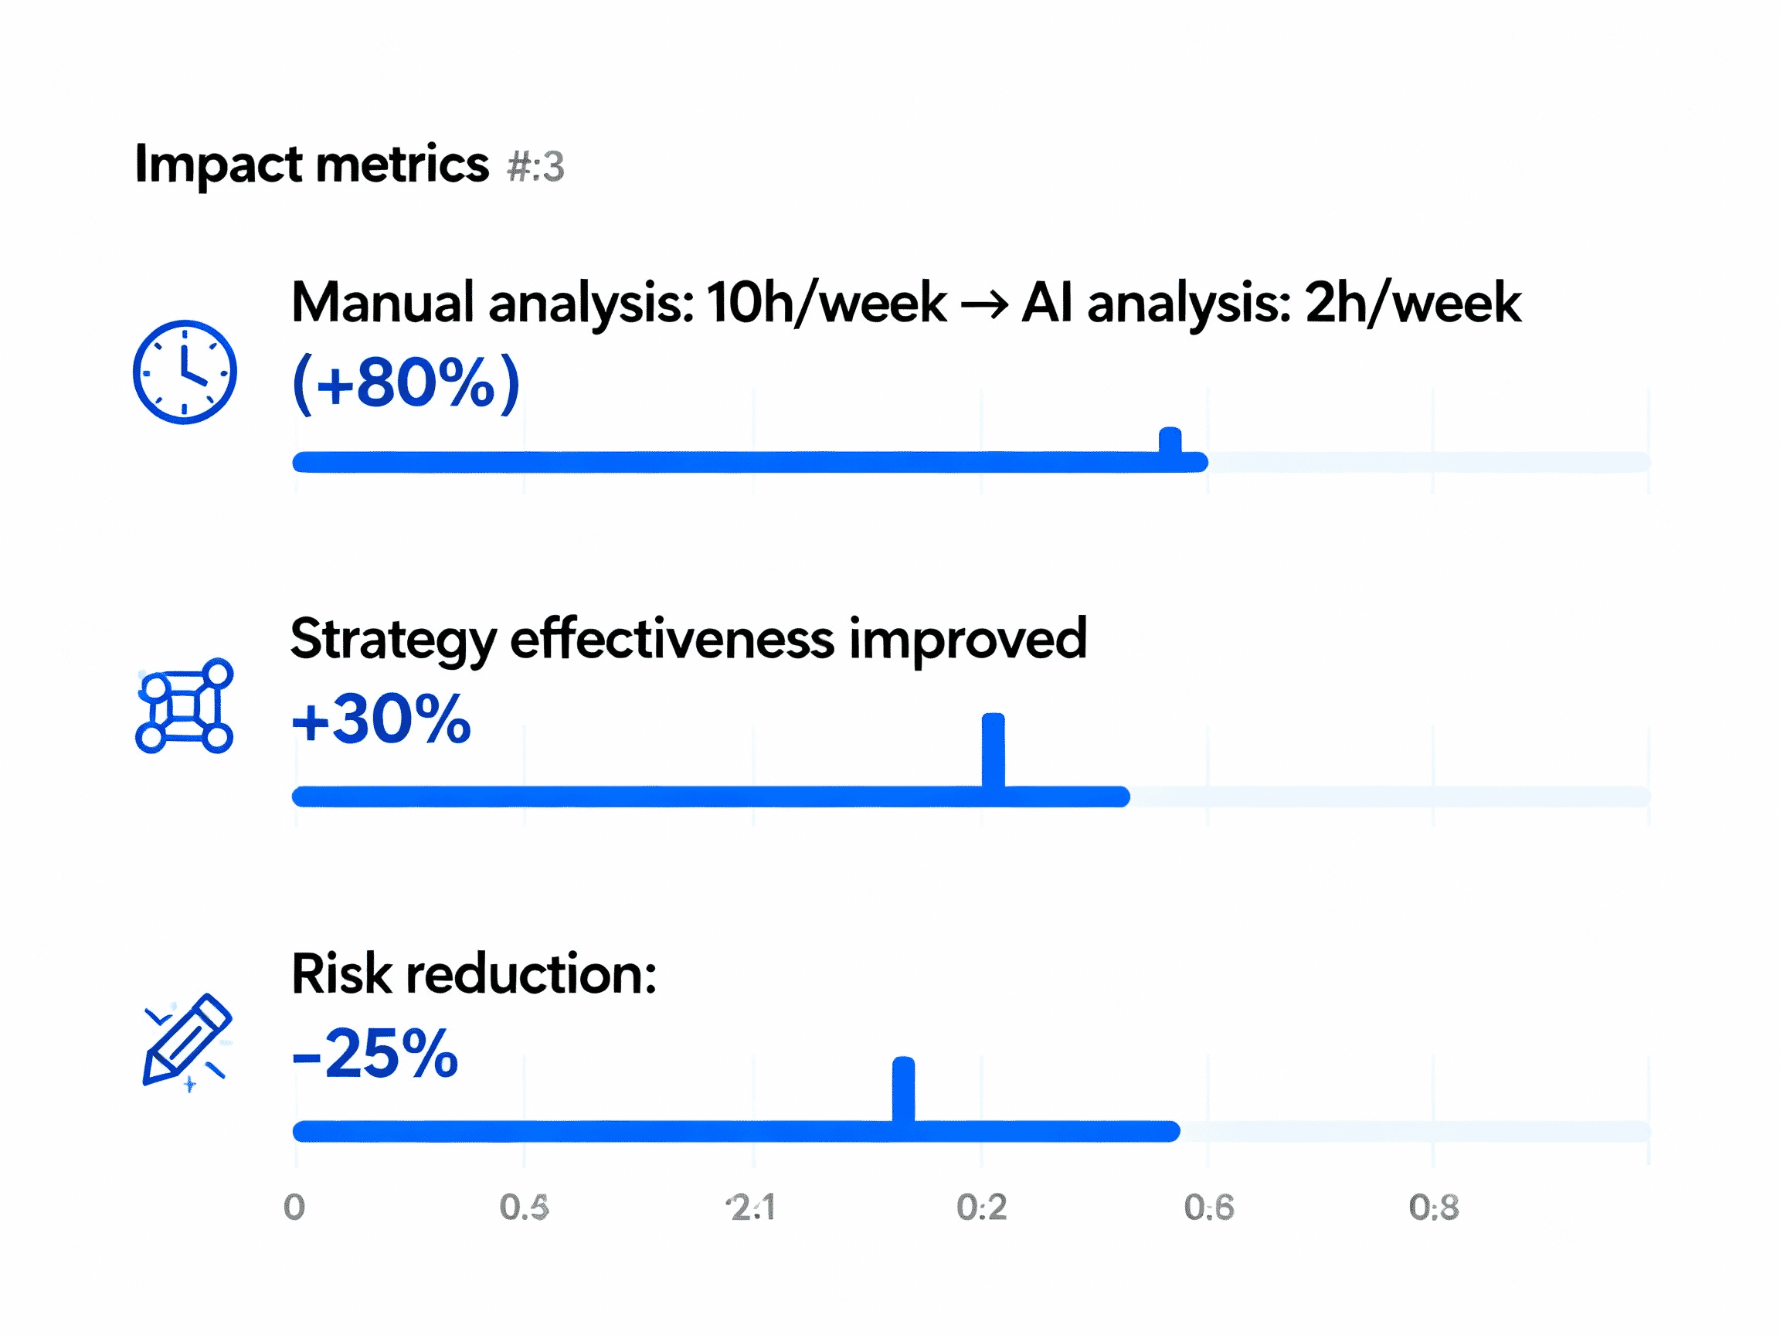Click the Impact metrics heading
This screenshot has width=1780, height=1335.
[x=311, y=164]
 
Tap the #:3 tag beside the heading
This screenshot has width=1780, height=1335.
[x=536, y=167]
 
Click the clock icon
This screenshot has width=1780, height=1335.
[x=185, y=372]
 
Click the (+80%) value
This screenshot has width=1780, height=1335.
[x=406, y=383]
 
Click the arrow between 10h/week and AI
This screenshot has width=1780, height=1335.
[x=984, y=305]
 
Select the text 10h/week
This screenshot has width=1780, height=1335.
[x=827, y=304]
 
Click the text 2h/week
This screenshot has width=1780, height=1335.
[x=1412, y=304]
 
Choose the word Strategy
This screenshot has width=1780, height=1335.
[x=393, y=640]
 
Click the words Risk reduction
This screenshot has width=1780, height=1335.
[x=474, y=973]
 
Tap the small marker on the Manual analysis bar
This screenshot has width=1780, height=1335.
[x=1170, y=441]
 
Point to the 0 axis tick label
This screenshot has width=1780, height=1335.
[x=294, y=1207]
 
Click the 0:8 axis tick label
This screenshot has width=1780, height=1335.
[x=1434, y=1207]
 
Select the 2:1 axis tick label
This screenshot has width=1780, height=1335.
[x=752, y=1207]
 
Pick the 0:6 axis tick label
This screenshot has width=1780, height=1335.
[x=1208, y=1207]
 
